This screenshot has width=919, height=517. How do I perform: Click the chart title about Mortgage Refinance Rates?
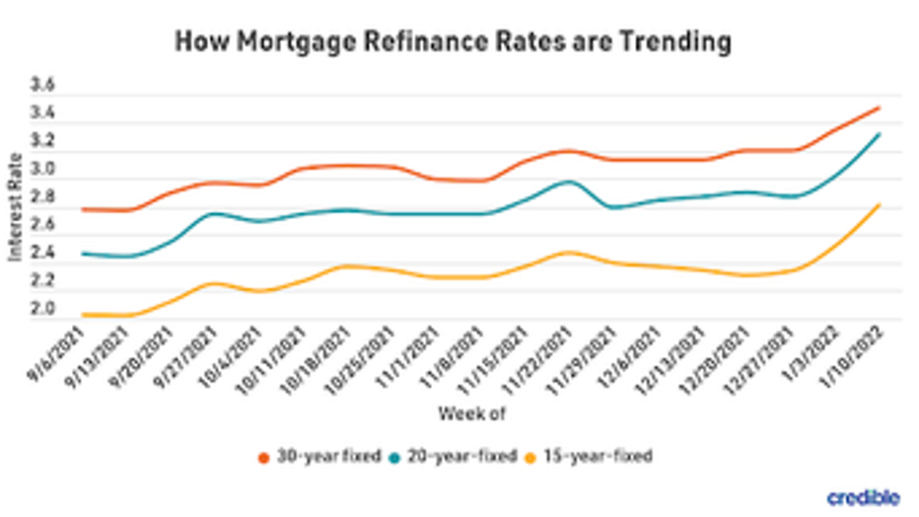point(453,41)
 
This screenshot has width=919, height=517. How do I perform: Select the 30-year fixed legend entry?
point(316,457)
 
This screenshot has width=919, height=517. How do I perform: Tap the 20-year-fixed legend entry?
point(448,457)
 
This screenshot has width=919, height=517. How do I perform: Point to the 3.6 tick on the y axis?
point(42,87)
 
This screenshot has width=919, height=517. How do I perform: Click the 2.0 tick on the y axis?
point(42,311)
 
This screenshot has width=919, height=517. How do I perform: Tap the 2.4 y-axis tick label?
point(42,255)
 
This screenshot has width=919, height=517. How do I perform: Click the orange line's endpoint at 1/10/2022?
point(879,108)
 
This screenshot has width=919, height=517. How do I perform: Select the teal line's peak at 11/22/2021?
point(565,182)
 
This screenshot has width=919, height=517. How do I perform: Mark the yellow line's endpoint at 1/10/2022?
point(879,205)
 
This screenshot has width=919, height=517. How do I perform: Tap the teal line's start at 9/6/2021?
point(83,254)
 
